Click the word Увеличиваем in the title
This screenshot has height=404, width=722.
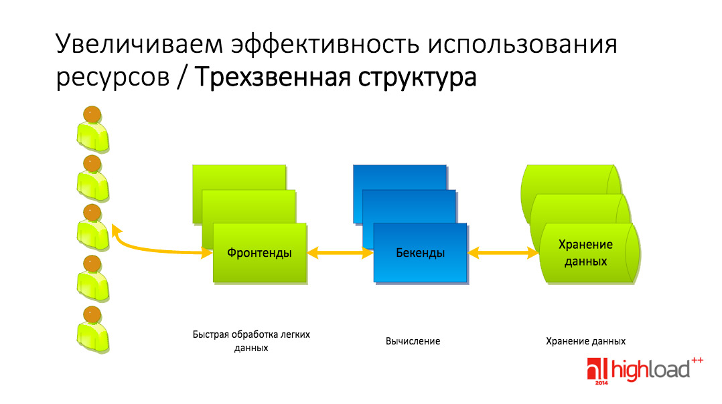(x=139, y=45)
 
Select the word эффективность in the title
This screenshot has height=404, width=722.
(x=325, y=45)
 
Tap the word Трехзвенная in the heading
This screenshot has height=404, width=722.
(x=273, y=76)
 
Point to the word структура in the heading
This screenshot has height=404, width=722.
(x=417, y=77)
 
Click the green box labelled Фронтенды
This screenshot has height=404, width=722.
(x=260, y=253)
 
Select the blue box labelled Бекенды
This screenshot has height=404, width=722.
(x=421, y=253)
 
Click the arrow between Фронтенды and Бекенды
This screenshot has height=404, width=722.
(x=340, y=253)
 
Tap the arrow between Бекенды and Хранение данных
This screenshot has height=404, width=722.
(x=503, y=253)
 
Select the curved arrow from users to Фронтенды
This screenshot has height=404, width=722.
(x=152, y=249)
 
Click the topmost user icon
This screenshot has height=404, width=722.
(x=92, y=129)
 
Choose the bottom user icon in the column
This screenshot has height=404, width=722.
(x=92, y=330)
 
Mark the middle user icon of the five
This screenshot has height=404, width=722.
(x=92, y=227)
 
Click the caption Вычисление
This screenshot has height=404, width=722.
(x=413, y=341)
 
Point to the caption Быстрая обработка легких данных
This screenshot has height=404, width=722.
(x=251, y=341)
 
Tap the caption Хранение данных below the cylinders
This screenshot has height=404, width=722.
(x=585, y=341)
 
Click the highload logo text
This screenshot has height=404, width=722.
(x=650, y=370)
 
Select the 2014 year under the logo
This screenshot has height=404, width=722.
(x=601, y=383)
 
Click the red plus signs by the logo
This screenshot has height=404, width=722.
(x=697, y=361)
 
